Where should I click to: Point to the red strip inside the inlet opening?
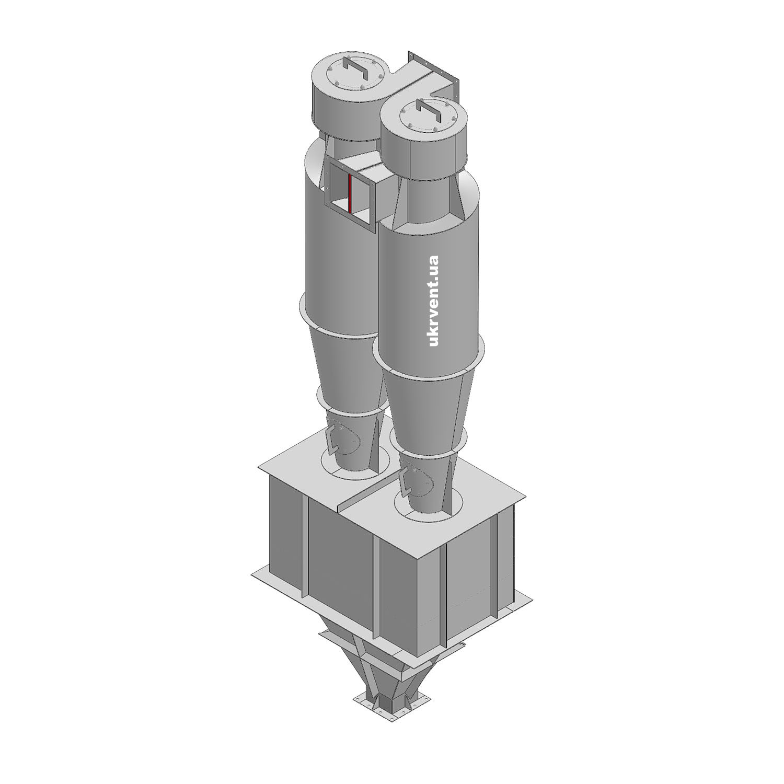[349, 193]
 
